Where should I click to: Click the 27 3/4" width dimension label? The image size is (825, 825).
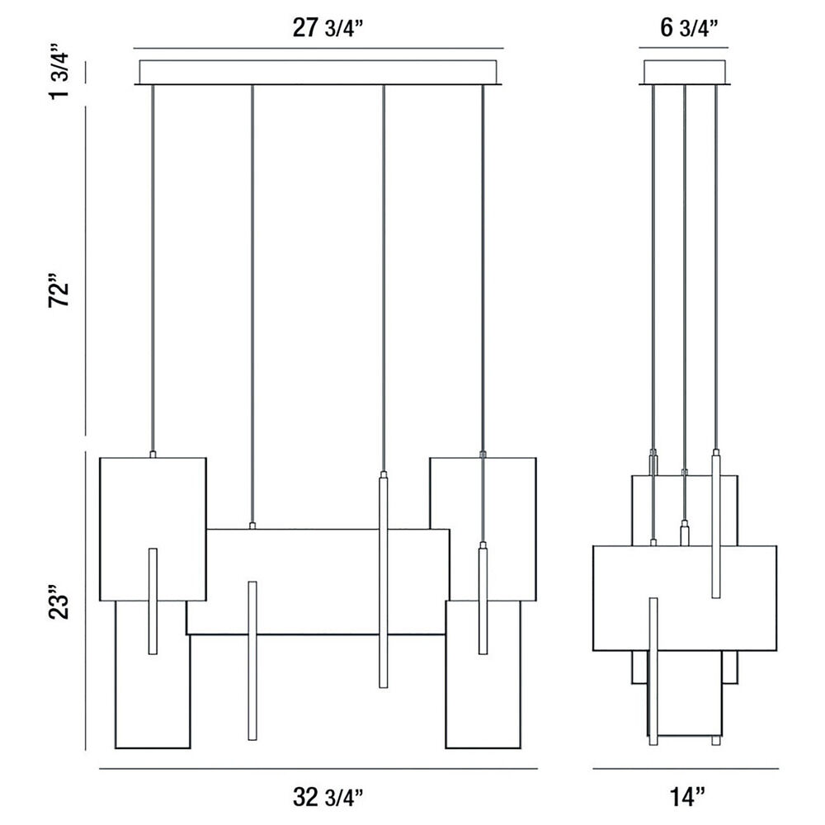click(328, 28)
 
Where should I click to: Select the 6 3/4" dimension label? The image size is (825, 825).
click(689, 28)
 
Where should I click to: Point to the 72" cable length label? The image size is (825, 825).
click(59, 289)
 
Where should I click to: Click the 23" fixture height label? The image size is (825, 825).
click(59, 602)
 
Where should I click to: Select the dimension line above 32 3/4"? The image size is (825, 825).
click(318, 769)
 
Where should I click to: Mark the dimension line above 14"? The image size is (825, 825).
click(686, 769)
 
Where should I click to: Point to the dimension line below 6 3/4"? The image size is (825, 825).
click(684, 48)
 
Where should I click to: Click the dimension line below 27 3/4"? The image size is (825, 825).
click(318, 49)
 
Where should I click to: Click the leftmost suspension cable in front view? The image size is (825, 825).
click(153, 268)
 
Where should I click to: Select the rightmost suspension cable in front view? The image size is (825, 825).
click(483, 268)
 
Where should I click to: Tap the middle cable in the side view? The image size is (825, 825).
click(684, 276)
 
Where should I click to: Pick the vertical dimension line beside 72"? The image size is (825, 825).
click(86, 271)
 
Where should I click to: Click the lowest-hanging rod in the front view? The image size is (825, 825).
click(252, 660)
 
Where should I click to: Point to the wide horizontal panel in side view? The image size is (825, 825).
click(685, 598)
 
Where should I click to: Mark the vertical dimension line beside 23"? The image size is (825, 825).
click(86, 601)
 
